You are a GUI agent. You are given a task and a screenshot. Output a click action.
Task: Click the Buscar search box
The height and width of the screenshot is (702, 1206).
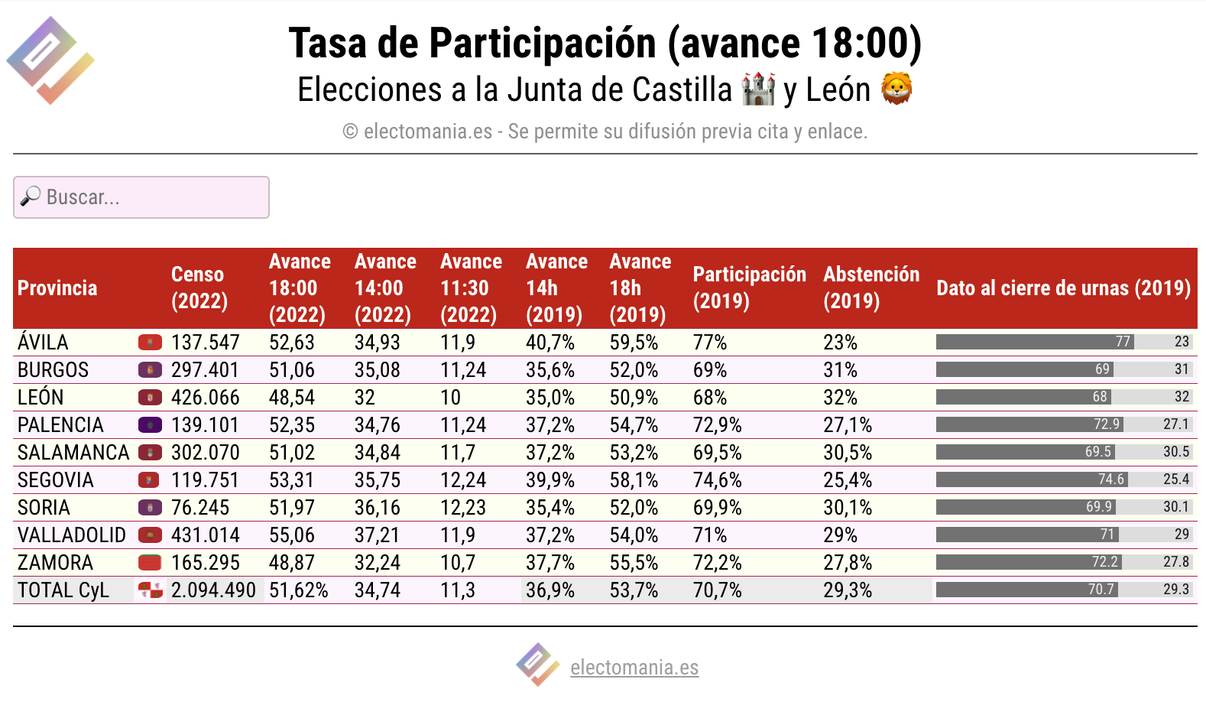[x=141, y=197]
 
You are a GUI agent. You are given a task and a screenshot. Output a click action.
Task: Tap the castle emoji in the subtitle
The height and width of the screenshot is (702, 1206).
[x=758, y=89]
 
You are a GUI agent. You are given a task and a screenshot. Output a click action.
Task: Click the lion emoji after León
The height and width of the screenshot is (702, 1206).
[x=896, y=89]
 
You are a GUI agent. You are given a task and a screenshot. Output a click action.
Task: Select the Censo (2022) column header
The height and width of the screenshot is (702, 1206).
[x=199, y=288]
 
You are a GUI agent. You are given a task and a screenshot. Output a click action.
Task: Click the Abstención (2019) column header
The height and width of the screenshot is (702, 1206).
[x=871, y=288]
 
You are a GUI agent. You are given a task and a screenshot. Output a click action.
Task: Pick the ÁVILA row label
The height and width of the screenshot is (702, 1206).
[x=43, y=342]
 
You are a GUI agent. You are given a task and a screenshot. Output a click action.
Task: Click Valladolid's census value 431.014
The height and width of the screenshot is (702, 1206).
[x=205, y=535]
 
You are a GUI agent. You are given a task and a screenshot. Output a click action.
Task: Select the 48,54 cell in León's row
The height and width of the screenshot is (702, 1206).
[x=291, y=398]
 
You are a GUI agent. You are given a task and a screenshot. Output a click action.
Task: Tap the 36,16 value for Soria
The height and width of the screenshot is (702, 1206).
[x=377, y=508]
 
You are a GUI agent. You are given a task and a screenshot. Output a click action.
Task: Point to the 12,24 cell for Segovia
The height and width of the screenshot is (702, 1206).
[x=463, y=480]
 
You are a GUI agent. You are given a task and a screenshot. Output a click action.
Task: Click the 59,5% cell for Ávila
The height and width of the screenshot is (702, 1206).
[x=634, y=342]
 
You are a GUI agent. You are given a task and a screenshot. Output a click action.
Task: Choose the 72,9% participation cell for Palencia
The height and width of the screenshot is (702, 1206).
[x=717, y=425]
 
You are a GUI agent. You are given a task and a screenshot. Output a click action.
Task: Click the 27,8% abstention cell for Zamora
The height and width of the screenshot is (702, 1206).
[x=848, y=563]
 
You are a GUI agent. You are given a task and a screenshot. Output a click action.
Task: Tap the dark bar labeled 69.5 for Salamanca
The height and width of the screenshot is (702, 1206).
[x=1025, y=452]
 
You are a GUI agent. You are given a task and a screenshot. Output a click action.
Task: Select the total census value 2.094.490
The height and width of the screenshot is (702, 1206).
[x=213, y=590]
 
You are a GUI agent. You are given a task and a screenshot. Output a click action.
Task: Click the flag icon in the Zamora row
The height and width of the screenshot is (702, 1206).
[x=151, y=563]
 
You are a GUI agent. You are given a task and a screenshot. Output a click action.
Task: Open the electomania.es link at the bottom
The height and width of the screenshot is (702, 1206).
[x=634, y=668]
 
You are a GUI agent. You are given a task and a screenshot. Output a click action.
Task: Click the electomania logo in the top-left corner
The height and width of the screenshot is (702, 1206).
[x=50, y=60]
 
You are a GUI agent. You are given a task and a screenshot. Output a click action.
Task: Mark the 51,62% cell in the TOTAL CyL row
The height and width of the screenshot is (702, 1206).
[x=298, y=590]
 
